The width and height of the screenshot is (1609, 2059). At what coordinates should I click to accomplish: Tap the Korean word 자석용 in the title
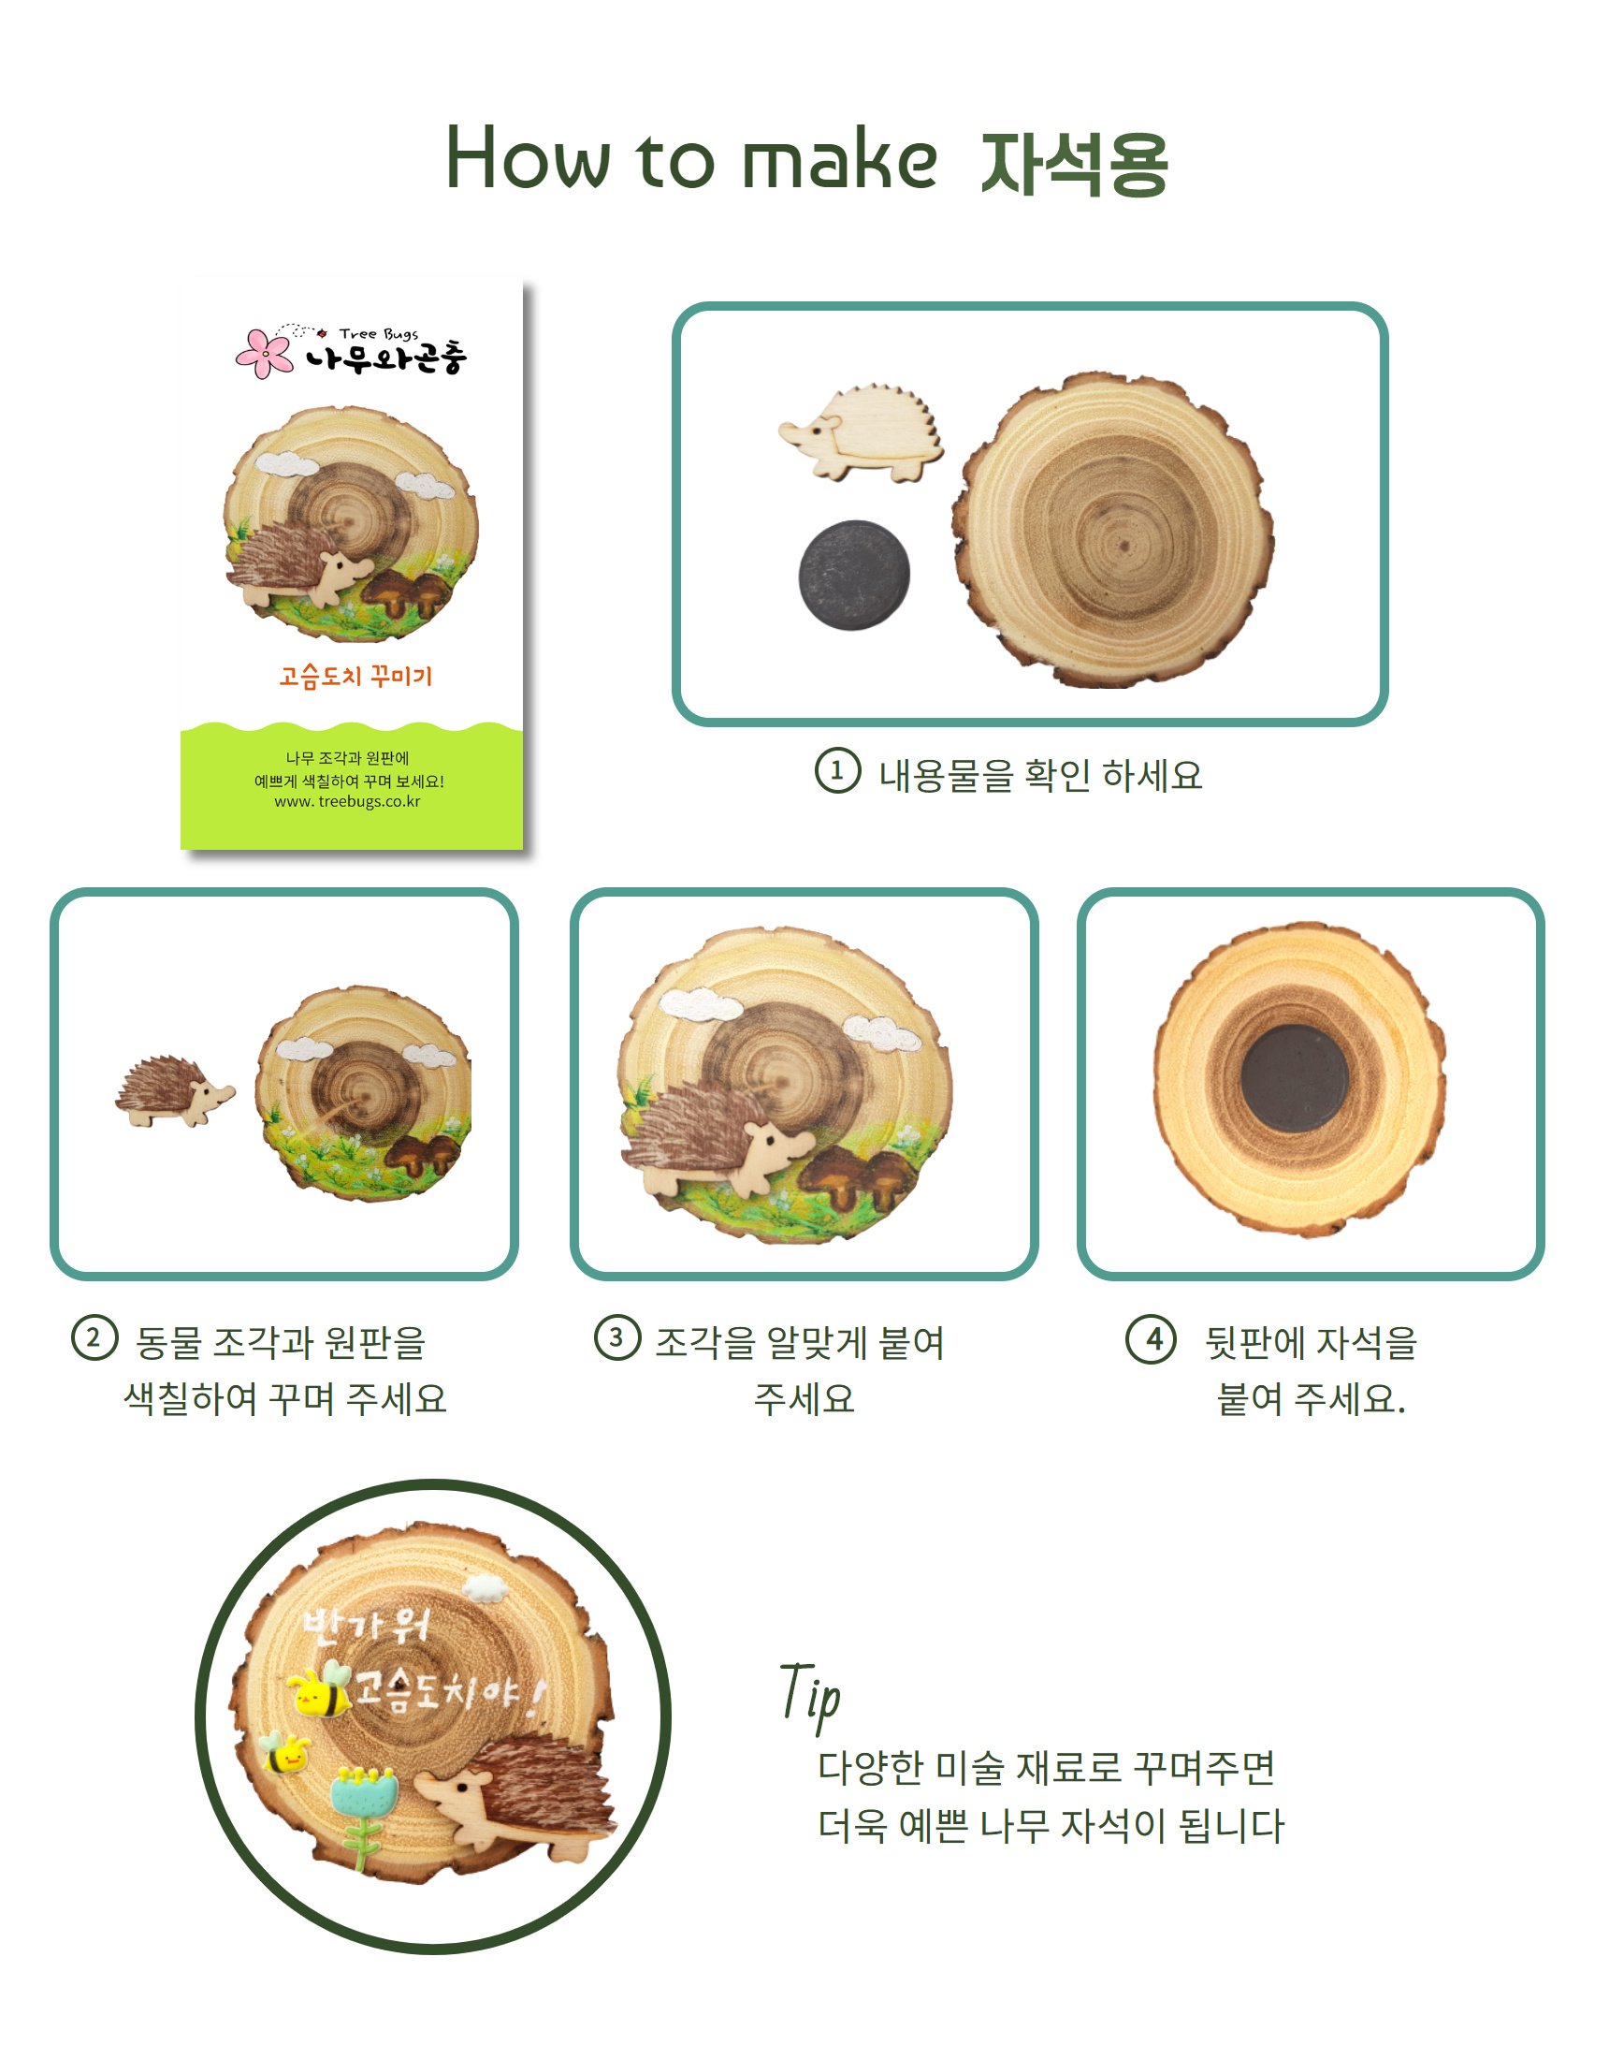[1075, 164]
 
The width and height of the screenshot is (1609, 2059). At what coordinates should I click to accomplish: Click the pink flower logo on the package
[264, 353]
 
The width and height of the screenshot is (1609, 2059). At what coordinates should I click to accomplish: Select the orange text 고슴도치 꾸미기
[355, 676]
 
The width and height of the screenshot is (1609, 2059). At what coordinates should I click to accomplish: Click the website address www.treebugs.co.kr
[348, 801]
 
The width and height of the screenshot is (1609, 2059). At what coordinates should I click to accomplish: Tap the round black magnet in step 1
[854, 575]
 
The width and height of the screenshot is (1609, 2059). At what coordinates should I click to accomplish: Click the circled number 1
[837, 771]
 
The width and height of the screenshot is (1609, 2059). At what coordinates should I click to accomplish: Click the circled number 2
[94, 1338]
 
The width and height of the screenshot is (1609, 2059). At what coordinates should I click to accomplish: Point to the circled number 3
[617, 1337]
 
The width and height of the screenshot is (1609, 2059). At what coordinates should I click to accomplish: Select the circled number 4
[1151, 1338]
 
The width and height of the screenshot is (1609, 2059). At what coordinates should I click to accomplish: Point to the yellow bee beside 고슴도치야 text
[320, 1692]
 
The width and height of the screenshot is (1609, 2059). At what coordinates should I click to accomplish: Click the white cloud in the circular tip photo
[486, 1588]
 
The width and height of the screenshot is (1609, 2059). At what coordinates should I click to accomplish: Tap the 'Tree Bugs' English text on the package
[379, 334]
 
